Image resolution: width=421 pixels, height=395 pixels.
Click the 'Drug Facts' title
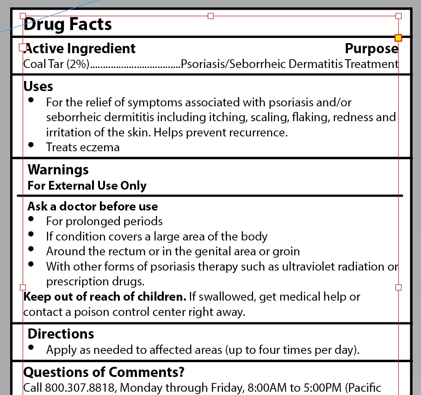point(68,25)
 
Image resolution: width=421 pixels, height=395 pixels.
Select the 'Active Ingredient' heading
point(80,49)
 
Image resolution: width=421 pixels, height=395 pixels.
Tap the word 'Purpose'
point(371,49)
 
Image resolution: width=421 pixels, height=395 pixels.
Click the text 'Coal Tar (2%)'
point(56,64)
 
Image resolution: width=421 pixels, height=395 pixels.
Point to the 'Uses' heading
point(38,86)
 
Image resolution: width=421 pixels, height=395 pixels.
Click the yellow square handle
point(398,37)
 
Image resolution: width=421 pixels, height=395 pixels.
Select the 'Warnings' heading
point(58,170)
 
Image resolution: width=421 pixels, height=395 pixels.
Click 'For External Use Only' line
point(87,186)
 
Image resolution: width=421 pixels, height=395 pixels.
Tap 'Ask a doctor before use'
point(93,206)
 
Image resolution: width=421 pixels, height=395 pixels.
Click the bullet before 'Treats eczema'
point(31,145)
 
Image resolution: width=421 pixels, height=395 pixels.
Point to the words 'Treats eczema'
point(83,148)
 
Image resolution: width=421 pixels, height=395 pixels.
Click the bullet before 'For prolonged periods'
point(31,219)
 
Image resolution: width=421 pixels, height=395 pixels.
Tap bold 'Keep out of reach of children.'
point(105,297)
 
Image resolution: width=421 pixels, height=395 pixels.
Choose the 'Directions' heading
point(61,334)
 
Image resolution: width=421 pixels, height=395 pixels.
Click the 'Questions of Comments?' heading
point(104,372)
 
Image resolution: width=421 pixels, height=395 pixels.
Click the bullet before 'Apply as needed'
point(31,347)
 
